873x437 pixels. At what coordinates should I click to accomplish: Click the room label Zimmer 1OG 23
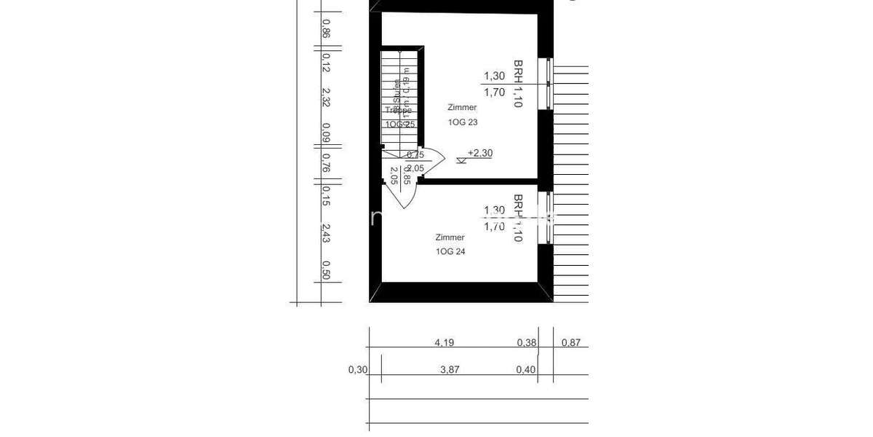(462, 115)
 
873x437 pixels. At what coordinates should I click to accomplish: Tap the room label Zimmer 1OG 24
(450, 245)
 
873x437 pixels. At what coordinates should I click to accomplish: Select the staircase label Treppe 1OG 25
(400, 117)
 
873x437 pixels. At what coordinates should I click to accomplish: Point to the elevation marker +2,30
(479, 153)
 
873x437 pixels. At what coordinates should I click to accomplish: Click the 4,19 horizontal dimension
(445, 342)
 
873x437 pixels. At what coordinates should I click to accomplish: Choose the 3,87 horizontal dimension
(450, 369)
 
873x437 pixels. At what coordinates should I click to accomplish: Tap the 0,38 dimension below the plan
(526, 342)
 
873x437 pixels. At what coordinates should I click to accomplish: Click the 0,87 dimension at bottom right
(571, 342)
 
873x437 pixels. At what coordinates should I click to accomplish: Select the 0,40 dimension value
(525, 369)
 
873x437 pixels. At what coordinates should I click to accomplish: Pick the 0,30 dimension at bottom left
(357, 369)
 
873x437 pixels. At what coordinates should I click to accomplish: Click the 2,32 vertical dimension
(326, 98)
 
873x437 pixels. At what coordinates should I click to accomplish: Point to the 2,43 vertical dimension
(326, 233)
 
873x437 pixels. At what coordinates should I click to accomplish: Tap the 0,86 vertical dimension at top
(326, 28)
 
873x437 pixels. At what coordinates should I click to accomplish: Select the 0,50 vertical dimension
(326, 269)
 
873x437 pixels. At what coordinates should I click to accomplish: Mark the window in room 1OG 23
(549, 84)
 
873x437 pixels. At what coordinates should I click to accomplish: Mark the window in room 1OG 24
(549, 217)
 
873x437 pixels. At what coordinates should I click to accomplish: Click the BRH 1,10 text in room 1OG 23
(518, 84)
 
